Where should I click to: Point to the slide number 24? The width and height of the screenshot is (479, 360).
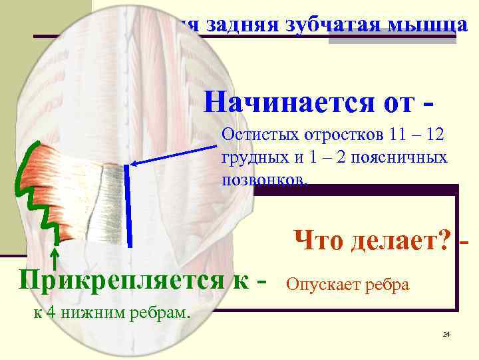point(446,333)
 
